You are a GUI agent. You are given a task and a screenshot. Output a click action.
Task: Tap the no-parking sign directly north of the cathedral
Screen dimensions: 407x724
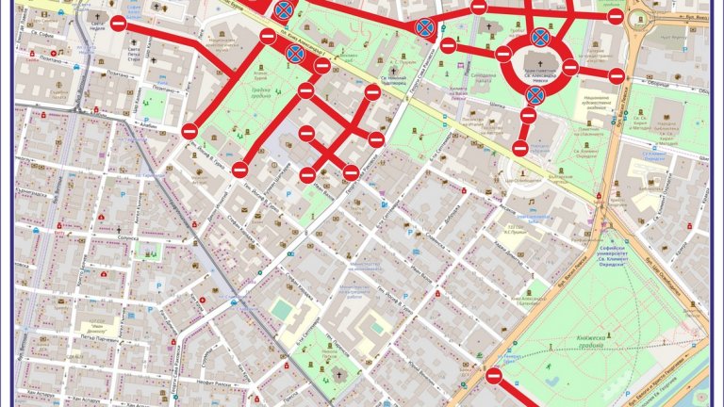click(540, 37)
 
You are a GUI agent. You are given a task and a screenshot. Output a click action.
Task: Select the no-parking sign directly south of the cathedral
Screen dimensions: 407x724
click(535, 95)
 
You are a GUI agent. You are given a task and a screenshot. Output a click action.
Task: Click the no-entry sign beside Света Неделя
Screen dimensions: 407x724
click(118, 24)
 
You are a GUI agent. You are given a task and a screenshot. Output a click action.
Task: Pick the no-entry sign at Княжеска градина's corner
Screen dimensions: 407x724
click(494, 376)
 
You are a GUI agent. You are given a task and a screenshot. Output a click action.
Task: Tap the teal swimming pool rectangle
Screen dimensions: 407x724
click(282, 309)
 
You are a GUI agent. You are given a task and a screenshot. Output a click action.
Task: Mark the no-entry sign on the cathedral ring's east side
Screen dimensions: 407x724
click(570, 68)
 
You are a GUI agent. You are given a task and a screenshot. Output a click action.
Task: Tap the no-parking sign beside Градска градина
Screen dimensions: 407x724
click(295, 52)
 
